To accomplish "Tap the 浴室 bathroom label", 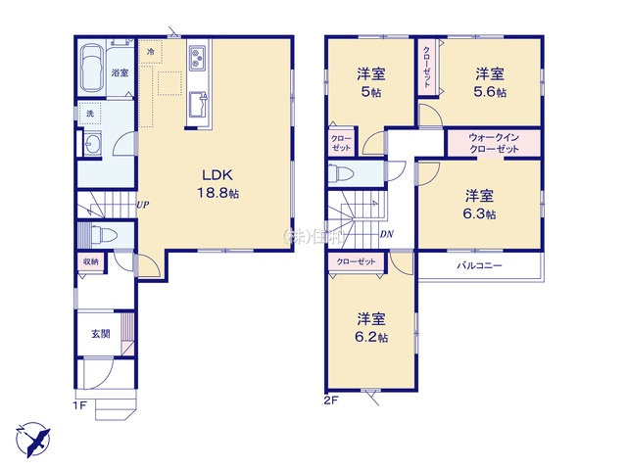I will [x=120, y=73].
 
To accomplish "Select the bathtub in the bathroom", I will [x=91, y=70].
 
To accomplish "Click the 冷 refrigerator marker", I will [x=151, y=50].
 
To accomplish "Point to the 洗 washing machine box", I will [x=89, y=115].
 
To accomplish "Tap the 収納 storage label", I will [x=89, y=261].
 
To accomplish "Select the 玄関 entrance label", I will [x=101, y=333].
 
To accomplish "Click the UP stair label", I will [x=143, y=205].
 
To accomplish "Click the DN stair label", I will [x=387, y=235].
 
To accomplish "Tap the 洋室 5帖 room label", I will [x=370, y=82].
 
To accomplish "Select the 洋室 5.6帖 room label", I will [x=491, y=82].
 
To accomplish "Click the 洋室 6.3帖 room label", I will [x=480, y=204].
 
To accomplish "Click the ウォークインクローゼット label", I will [x=494, y=143].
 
